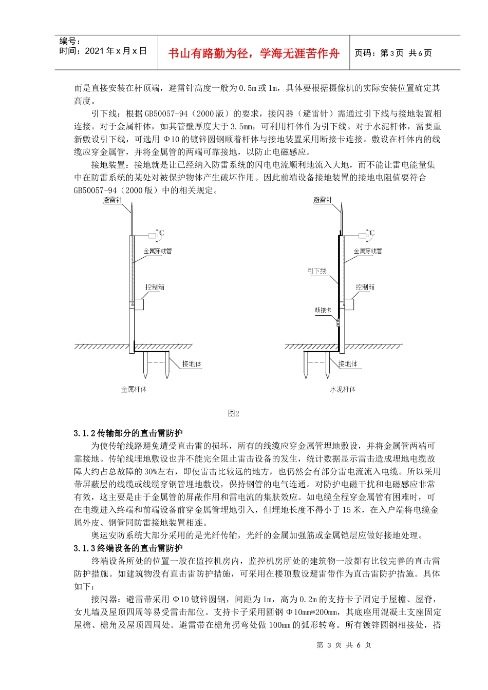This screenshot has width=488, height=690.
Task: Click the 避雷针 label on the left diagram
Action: (113, 200)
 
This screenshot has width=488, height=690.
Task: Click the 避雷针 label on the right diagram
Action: (323, 200)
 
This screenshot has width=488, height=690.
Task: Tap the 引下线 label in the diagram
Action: (317, 271)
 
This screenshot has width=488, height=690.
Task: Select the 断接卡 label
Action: (323, 310)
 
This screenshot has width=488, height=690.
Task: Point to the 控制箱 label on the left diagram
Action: (155, 287)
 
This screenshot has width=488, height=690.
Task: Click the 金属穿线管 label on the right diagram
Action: (368, 251)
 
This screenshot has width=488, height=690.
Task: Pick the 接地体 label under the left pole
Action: (192, 364)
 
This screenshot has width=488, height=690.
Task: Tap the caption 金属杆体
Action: (134, 390)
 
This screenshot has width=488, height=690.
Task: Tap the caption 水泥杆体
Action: (343, 390)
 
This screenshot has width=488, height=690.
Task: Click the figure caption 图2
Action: (234, 413)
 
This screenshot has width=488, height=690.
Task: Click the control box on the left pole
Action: (138, 303)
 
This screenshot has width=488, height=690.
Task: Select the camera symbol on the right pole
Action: (363, 236)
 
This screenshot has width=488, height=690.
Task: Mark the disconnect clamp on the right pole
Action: (338, 323)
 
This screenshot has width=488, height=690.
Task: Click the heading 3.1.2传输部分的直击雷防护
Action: (128, 433)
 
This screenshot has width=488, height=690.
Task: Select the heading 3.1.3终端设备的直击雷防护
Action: (128, 548)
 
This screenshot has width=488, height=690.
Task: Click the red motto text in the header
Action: (254, 53)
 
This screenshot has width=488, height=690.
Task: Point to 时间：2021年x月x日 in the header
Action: (103, 51)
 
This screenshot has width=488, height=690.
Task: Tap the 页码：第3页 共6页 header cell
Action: (393, 53)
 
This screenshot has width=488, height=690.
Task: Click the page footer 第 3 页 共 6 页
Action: (344, 645)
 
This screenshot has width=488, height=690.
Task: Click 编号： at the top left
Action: (70, 41)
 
